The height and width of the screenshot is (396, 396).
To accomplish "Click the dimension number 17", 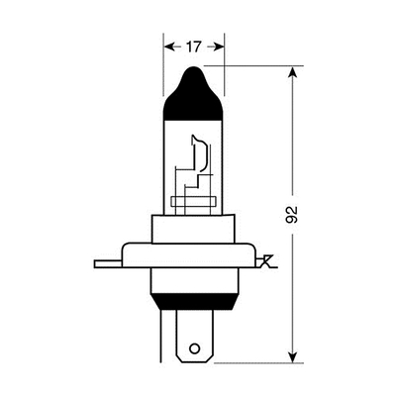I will pos(194,46).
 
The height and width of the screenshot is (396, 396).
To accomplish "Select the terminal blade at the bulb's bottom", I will pos(194,337).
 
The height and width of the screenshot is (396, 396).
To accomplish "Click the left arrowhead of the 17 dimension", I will pos(167,46).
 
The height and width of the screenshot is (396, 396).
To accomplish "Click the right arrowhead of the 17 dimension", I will pos(220,46).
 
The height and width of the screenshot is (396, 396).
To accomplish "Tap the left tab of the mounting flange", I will pos(106,263).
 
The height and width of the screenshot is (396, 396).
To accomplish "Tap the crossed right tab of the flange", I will pos(264,262).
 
